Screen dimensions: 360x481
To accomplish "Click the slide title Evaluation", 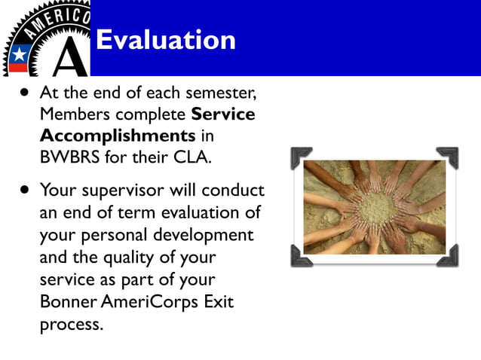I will [x=166, y=39].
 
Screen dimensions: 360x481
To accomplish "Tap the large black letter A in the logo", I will [x=72, y=56].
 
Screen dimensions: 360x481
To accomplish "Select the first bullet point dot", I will [x=26, y=96].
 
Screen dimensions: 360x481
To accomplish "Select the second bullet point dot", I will [x=26, y=189].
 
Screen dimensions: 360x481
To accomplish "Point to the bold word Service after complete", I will [x=223, y=115].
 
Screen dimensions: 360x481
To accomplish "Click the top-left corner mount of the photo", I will [x=301, y=157].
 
